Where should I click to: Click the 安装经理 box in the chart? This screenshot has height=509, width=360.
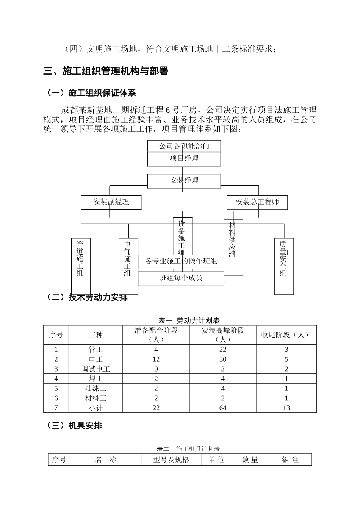tap(184, 181)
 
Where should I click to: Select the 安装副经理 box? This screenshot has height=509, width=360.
tap(111, 202)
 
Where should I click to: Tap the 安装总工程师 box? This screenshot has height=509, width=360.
tap(257, 202)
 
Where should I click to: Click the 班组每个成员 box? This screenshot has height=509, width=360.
tap(181, 278)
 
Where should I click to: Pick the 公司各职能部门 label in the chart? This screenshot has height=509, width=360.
tap(184, 146)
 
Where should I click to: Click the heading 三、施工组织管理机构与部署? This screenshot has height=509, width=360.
tap(106, 71)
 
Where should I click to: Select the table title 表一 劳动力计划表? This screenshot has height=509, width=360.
tap(189, 321)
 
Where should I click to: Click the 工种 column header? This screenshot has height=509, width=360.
tap(95, 335)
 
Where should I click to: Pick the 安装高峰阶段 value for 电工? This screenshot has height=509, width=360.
tap(223, 359)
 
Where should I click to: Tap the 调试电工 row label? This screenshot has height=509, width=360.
tap(95, 369)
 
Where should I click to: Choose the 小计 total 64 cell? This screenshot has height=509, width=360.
tap(223, 408)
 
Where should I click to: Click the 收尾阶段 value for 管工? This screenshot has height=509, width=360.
tap(286, 350)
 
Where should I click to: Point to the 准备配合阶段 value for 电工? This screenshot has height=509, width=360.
tap(156, 359)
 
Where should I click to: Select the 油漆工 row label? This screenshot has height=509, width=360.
tap(95, 388)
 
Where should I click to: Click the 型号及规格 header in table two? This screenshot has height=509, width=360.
tap(171, 460)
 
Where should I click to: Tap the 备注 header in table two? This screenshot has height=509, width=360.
tap(290, 460)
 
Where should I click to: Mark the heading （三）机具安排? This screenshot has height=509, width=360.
tap(74, 426)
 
